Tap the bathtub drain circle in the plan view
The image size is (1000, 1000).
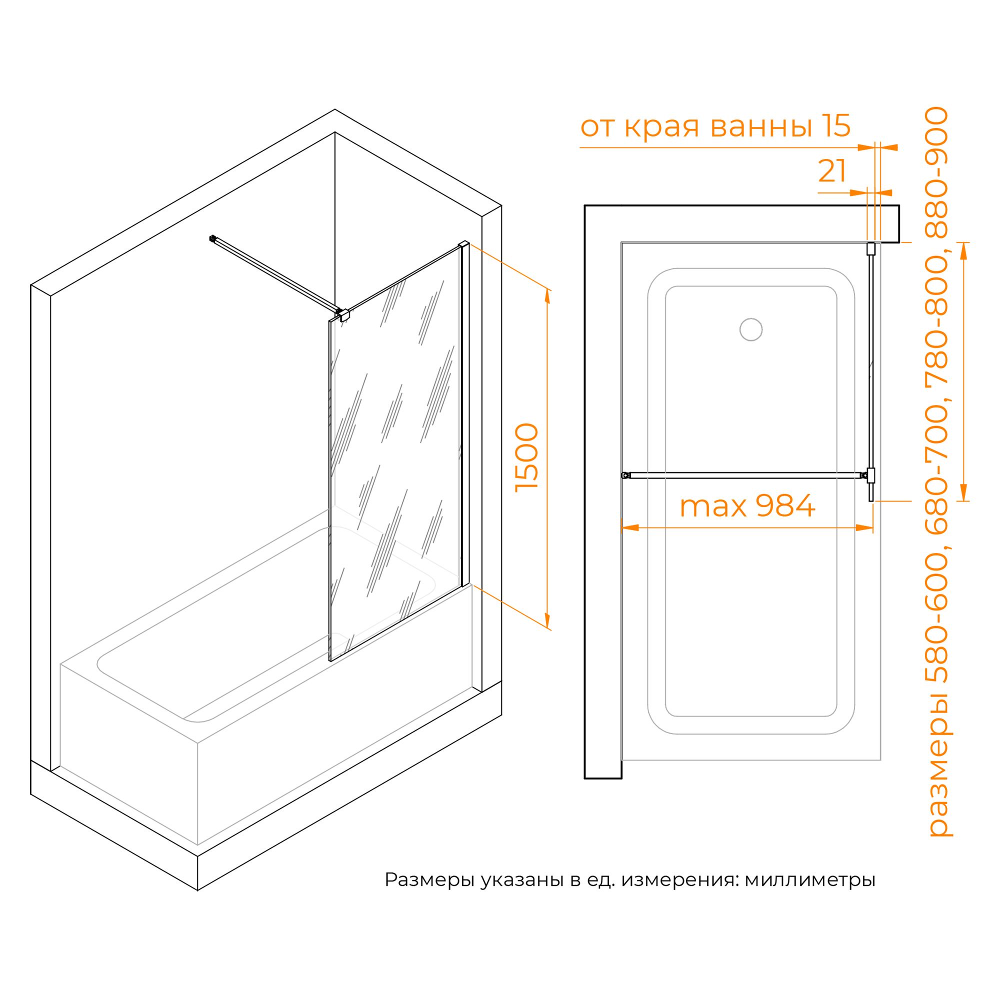(750, 329)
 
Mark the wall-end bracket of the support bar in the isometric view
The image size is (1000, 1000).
(211, 238)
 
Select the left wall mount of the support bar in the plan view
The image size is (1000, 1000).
(626, 474)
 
